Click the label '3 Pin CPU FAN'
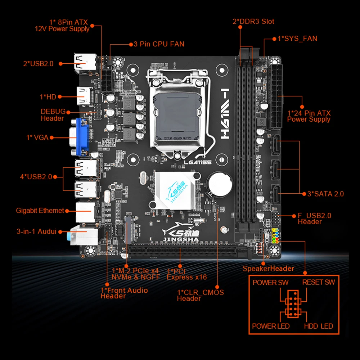pyautogui.click(x=159, y=44)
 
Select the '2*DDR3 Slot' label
pyautogui.click(x=253, y=21)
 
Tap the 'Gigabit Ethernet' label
pyautogui.click(x=40, y=211)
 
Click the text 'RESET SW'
pyautogui.click(x=318, y=282)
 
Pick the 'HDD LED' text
pyautogui.click(x=318, y=326)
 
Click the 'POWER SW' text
pyautogui.click(x=270, y=282)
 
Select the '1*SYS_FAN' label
pyautogui.click(x=297, y=38)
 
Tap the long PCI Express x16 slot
pyautogui.click(x=187, y=252)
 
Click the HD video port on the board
pyautogui.click(x=85, y=96)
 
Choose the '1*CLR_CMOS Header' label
pyautogui.click(x=200, y=295)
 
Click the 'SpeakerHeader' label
pyautogui.click(x=268, y=268)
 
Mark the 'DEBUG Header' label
pyautogui.click(x=53, y=115)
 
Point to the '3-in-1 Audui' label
pyautogui.click(x=37, y=231)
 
